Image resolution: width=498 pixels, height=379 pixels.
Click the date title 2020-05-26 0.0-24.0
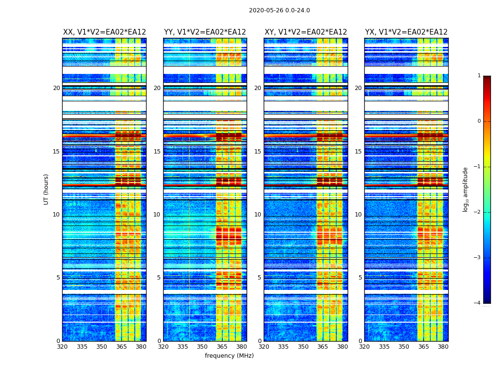coord(279,10)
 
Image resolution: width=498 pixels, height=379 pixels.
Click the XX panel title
coord(104,32)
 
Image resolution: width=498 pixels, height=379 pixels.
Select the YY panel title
coord(205,32)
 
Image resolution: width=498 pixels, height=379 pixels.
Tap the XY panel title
coord(305,32)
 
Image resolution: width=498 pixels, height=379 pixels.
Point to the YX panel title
coord(406,32)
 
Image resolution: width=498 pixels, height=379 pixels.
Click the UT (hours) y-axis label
coord(46,189)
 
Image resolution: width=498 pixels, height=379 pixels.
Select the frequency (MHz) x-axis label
coord(229,356)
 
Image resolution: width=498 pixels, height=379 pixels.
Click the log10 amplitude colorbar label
coord(466,189)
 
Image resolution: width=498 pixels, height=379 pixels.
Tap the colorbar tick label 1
coord(479,76)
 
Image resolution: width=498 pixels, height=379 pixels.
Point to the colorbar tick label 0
coord(479,121)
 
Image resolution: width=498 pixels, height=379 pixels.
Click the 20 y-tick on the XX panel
coord(56,88)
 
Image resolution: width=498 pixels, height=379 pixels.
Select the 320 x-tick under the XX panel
coord(63,347)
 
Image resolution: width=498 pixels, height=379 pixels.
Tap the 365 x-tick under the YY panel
coord(222,347)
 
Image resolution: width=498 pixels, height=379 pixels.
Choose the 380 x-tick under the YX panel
coord(443,347)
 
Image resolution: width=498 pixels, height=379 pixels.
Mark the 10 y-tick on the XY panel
coord(258,215)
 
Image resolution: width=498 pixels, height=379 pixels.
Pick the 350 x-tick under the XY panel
coord(303,347)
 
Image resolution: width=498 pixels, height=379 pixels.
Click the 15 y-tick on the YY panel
coord(157,152)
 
